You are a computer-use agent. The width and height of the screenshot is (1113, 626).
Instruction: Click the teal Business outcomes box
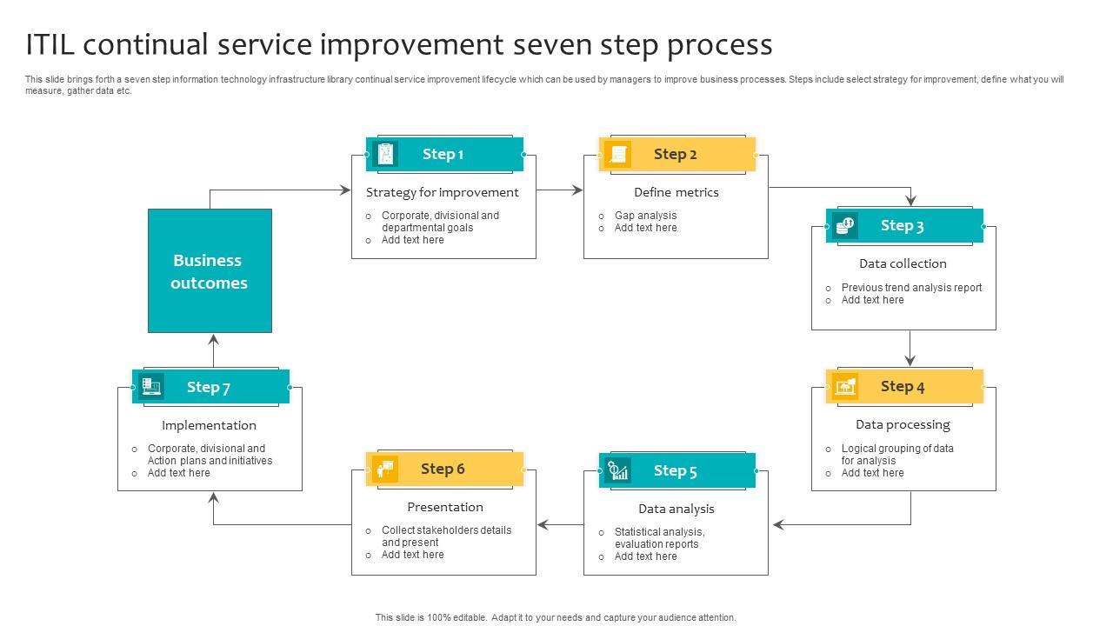210,270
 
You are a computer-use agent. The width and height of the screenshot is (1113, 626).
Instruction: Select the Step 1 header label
443,154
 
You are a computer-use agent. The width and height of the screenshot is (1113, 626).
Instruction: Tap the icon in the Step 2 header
618,154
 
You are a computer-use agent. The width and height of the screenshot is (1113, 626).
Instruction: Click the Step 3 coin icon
844,226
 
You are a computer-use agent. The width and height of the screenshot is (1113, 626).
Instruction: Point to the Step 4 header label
903,386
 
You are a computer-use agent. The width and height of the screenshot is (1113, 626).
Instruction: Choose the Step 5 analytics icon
618,470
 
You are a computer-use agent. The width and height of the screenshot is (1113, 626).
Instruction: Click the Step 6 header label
443,469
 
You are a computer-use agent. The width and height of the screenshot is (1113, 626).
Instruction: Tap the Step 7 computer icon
151,387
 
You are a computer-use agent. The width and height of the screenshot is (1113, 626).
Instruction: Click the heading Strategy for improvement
442,192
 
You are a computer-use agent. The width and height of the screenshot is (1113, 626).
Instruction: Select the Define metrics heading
676,192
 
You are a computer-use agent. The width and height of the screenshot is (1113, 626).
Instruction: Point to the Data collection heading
903,263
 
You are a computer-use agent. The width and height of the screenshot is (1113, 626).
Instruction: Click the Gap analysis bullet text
645,216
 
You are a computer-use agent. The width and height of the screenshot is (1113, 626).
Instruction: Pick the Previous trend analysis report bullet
911,288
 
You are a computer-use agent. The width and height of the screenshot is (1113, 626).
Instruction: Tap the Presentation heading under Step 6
444,507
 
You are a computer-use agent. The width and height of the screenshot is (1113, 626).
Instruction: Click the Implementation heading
209,425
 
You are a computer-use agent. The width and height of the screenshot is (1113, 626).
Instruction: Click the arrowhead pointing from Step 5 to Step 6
543,524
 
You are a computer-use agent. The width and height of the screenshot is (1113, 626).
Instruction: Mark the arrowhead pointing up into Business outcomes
213,339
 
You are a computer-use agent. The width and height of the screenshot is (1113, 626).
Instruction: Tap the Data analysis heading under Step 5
676,509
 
